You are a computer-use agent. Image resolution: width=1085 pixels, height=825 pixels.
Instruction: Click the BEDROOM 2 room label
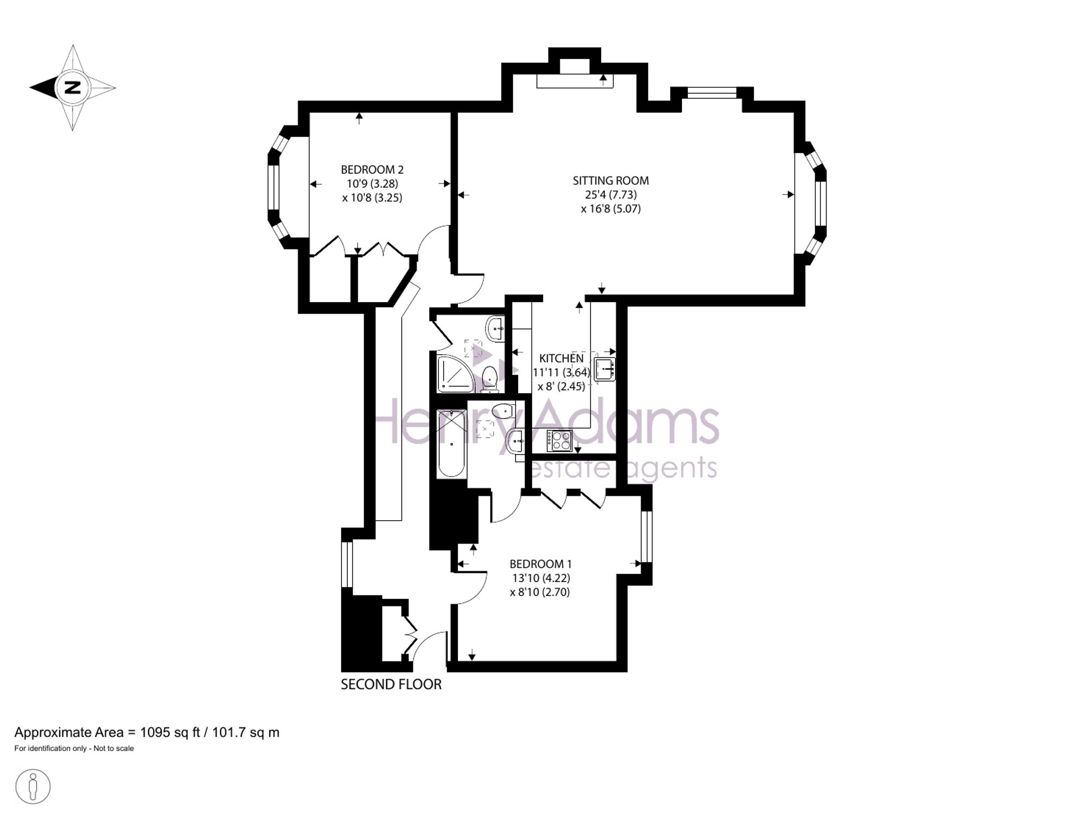[x=372, y=170]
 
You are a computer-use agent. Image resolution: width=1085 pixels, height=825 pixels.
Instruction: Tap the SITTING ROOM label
[x=611, y=181]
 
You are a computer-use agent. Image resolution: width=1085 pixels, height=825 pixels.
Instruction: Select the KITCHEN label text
[x=561, y=359]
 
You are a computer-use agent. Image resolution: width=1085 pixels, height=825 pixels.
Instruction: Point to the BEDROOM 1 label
[x=540, y=564]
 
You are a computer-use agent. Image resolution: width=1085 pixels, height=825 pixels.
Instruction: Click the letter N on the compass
[x=73, y=87]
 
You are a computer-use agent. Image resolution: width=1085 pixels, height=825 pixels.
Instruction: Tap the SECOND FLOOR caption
[x=391, y=685]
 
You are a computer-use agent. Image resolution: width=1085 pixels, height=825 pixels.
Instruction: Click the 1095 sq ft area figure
[x=170, y=733]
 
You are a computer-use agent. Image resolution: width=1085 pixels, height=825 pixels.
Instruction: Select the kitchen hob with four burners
[x=559, y=440]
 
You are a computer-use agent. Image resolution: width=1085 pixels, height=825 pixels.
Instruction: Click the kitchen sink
[x=604, y=369]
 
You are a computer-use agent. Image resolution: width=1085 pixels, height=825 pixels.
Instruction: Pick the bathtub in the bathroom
[x=452, y=444]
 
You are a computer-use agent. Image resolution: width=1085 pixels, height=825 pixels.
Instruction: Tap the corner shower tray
[x=455, y=374]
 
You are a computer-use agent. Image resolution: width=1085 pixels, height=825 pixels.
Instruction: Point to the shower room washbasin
[x=495, y=328]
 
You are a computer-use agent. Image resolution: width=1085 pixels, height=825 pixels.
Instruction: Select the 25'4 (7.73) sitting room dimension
[x=611, y=195]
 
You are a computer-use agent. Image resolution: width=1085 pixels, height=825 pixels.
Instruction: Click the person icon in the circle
[x=33, y=786]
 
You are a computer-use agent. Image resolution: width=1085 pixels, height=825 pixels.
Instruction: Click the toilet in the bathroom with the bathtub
[x=503, y=411]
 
